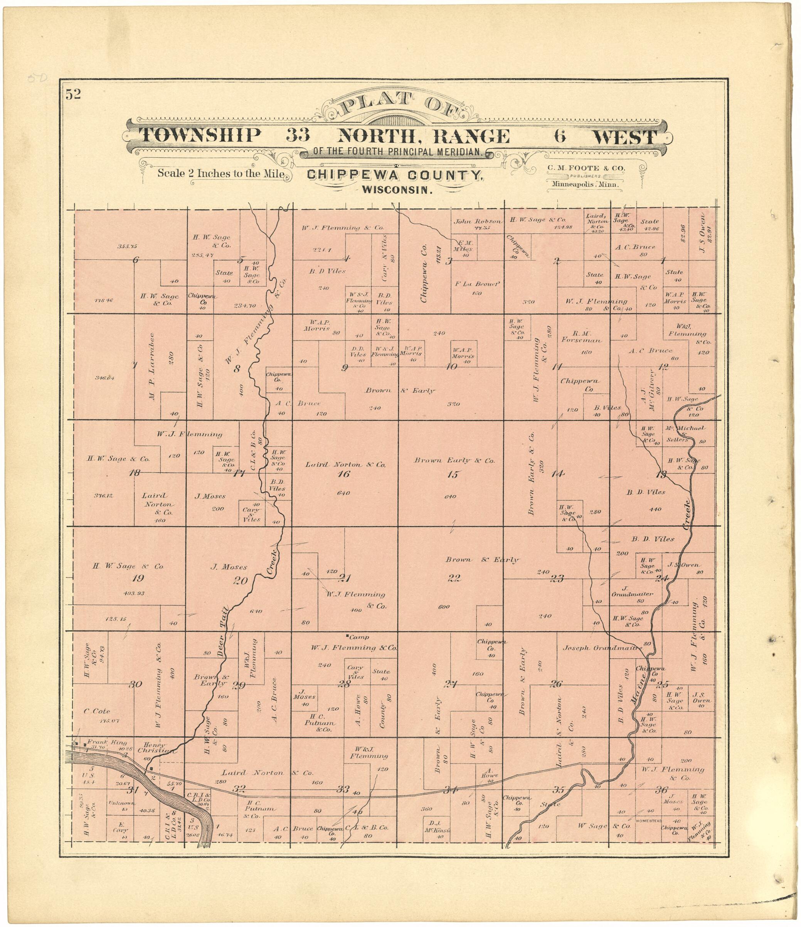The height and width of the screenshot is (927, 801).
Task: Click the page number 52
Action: [73, 94]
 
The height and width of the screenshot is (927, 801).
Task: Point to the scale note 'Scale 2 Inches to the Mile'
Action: [220, 173]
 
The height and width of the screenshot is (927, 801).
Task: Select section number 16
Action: [344, 474]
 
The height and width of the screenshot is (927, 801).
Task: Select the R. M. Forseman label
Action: [581, 336]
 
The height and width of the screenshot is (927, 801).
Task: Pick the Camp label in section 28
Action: [359, 637]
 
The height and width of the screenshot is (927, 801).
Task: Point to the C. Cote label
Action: [97, 712]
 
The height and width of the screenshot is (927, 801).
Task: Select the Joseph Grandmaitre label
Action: [602, 648]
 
